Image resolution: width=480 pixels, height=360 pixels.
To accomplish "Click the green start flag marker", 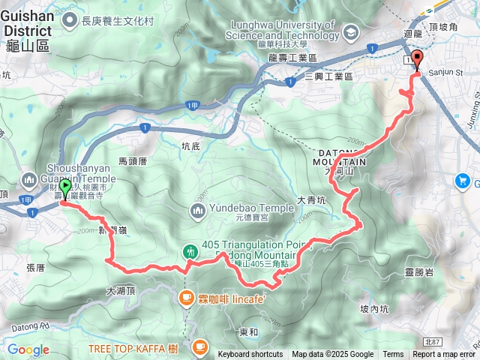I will tap(64, 189).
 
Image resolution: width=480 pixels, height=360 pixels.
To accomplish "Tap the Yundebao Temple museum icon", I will tap(198, 209).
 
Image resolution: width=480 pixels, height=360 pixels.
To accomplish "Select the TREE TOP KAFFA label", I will tap(132, 348).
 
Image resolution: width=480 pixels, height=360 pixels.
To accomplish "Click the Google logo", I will tap(28, 349).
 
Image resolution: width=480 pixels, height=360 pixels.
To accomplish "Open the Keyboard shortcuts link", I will tap(250, 355).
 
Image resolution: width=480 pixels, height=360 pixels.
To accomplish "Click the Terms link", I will tap(393, 355).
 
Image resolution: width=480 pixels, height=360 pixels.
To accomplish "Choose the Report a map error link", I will tap(444, 355).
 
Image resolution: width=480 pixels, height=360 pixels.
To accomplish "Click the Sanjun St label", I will tap(445, 73).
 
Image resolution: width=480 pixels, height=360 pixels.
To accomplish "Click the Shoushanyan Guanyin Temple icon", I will tap(30, 180).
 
